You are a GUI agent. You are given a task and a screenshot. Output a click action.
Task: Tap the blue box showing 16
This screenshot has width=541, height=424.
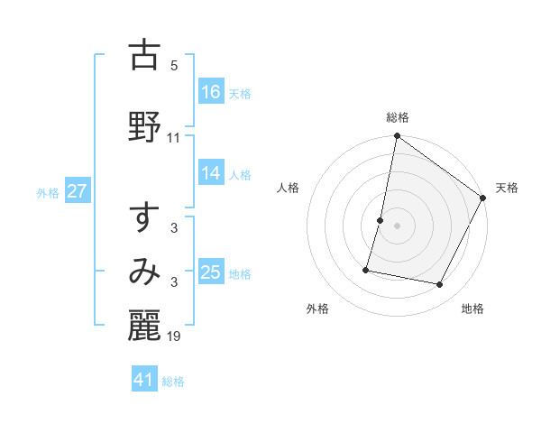[x=212, y=92]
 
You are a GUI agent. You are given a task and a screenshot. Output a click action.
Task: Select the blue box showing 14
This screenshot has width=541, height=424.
[x=212, y=174]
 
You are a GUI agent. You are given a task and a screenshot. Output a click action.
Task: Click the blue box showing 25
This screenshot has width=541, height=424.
[x=212, y=272]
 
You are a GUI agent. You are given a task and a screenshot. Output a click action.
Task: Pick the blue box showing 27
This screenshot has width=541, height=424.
[x=78, y=192]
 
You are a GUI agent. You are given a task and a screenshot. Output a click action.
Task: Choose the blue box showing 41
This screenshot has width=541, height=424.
[x=144, y=380]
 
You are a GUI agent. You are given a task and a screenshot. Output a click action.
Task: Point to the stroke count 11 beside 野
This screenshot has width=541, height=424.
[x=174, y=137]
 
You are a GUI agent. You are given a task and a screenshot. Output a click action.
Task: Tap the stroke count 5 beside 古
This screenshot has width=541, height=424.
[x=174, y=65]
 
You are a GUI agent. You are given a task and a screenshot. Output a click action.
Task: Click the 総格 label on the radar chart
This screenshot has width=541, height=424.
[x=398, y=118]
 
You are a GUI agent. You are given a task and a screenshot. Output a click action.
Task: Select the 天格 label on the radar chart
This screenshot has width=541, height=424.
[x=508, y=188]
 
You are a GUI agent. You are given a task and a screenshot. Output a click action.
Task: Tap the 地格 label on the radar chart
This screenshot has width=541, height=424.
[x=472, y=309]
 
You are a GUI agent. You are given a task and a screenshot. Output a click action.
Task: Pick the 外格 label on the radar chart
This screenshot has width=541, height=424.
[x=317, y=309]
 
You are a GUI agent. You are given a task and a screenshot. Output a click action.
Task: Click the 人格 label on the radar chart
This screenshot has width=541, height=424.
[x=288, y=188]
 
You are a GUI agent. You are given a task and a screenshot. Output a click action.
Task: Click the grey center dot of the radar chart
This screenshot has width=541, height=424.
[x=398, y=226]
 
